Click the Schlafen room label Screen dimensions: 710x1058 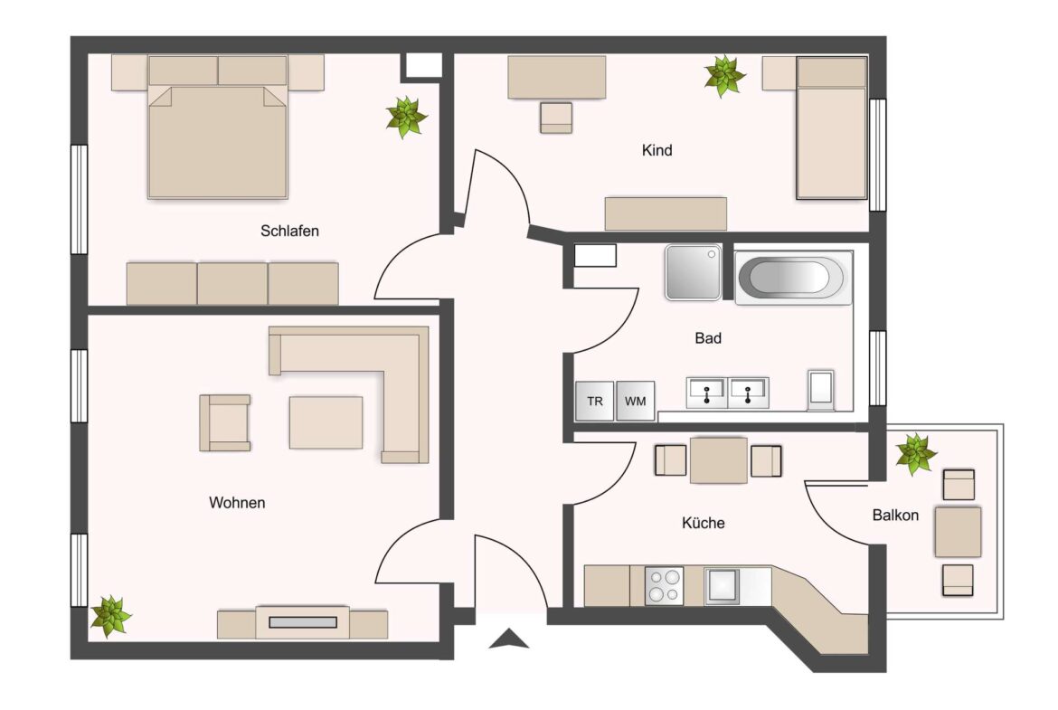point(289,231)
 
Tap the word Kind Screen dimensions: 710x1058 point(657,150)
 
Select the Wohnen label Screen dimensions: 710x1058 point(237,503)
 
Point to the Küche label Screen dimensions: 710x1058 point(703,523)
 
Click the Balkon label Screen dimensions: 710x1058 point(895,516)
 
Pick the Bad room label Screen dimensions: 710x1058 point(708,338)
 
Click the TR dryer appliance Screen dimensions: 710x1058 point(594,402)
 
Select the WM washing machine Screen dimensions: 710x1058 point(636,402)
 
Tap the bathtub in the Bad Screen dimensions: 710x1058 point(794,277)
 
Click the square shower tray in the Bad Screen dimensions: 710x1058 point(693,271)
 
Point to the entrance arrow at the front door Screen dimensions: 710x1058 point(508,639)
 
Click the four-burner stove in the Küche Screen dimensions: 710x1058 point(665,584)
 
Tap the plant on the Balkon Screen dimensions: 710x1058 point(916,453)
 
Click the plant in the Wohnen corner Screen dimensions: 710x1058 point(110,615)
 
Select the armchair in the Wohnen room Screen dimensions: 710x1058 point(224,422)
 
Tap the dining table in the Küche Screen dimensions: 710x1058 point(718,460)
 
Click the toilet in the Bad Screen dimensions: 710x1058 point(822,389)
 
